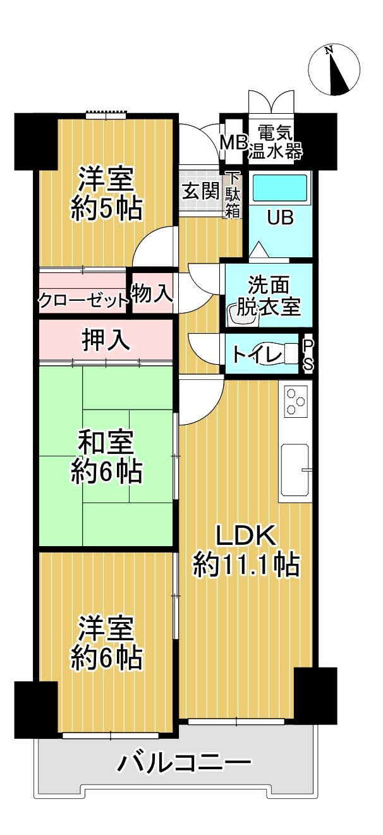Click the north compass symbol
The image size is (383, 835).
click(335, 70)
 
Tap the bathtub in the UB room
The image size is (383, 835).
click(279, 188)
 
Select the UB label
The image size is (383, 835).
click(280, 218)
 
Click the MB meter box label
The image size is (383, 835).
click(233, 142)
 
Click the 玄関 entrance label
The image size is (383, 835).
click(201, 191)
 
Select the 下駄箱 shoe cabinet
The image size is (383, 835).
click(233, 194)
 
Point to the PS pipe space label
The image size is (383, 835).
click(308, 355)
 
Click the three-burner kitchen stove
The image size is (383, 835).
click(295, 401)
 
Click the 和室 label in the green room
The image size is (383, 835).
click(106, 440)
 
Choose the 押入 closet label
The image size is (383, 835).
click(106, 340)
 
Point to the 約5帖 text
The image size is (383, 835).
click(106, 209)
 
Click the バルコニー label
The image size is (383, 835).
click(181, 764)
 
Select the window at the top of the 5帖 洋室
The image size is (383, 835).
click(106, 115)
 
